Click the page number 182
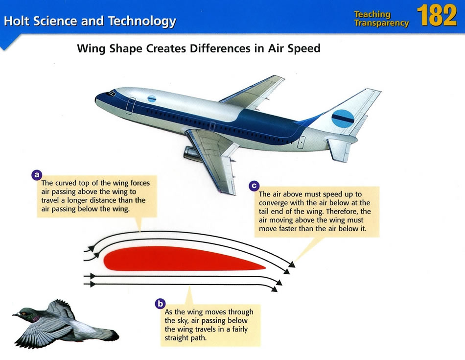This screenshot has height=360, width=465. point(437,16)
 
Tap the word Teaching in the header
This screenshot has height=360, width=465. point(372,14)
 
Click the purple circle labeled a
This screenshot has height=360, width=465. point(37,175)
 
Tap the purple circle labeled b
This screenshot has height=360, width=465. point(160,304)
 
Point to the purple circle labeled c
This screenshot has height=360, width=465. point(254,186)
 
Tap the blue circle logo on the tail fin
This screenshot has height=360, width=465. point(343,119)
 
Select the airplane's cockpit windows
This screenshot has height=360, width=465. point(112,93)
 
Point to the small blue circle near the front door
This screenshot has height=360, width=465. point(152,99)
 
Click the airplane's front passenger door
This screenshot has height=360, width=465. point(131,106)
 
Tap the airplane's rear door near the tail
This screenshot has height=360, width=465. point(301,143)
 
